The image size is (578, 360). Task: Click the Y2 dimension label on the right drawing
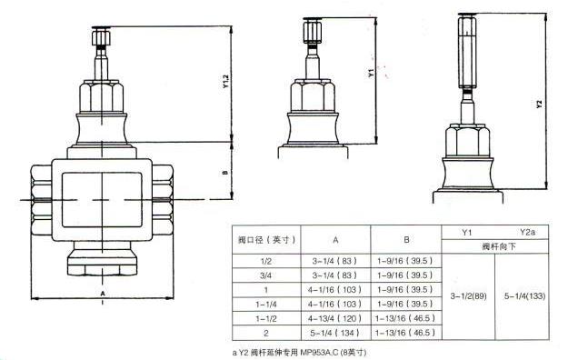tap(540, 104)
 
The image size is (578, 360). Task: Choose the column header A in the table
tap(334, 241)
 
